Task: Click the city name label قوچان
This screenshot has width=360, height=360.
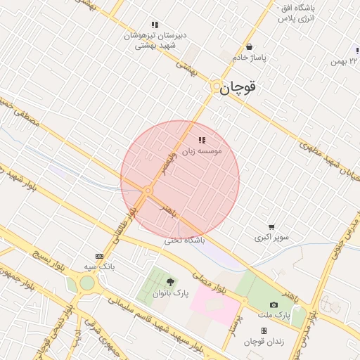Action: (238, 88)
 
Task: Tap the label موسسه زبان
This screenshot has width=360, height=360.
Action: (202, 150)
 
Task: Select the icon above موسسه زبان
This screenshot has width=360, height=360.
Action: (202, 141)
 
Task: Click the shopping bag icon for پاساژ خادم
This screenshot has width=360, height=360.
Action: (250, 47)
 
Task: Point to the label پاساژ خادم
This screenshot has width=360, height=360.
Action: (250, 58)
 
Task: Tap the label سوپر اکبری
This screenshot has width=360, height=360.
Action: (271, 238)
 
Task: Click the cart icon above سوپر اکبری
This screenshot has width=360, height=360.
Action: (271, 227)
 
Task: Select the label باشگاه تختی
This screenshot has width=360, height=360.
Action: (184, 240)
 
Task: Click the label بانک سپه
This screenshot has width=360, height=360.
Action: (99, 266)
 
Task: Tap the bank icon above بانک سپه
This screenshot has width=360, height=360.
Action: (99, 257)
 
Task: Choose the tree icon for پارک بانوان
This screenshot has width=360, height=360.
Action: (169, 282)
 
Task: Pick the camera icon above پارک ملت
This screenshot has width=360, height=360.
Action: (274, 304)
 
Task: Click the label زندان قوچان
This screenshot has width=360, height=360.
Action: (263, 341)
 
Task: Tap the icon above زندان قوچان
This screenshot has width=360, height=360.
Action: (264, 330)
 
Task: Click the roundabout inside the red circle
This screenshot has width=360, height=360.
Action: (148, 191)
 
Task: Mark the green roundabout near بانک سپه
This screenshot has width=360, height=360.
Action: (86, 283)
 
